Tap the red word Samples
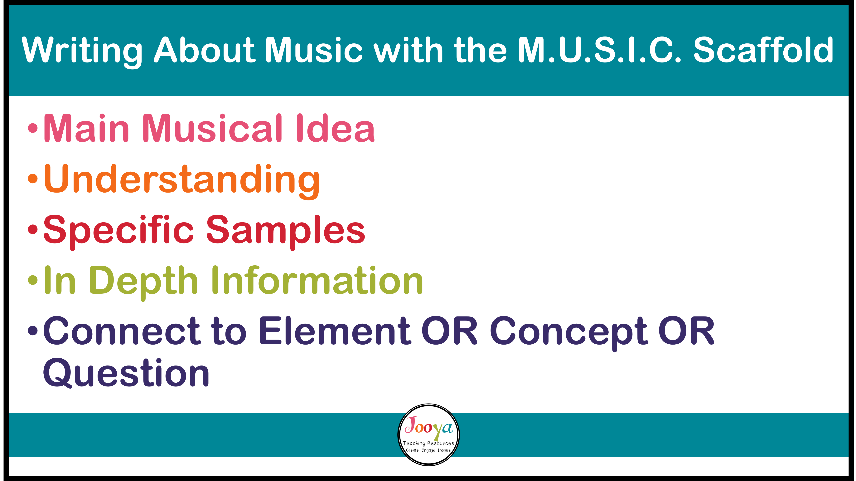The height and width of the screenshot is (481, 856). (286, 230)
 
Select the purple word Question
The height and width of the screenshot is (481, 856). (126, 373)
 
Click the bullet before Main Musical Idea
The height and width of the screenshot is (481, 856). (33, 128)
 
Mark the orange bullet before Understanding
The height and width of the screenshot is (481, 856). (33, 179)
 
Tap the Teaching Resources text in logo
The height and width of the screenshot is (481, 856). (429, 444)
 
